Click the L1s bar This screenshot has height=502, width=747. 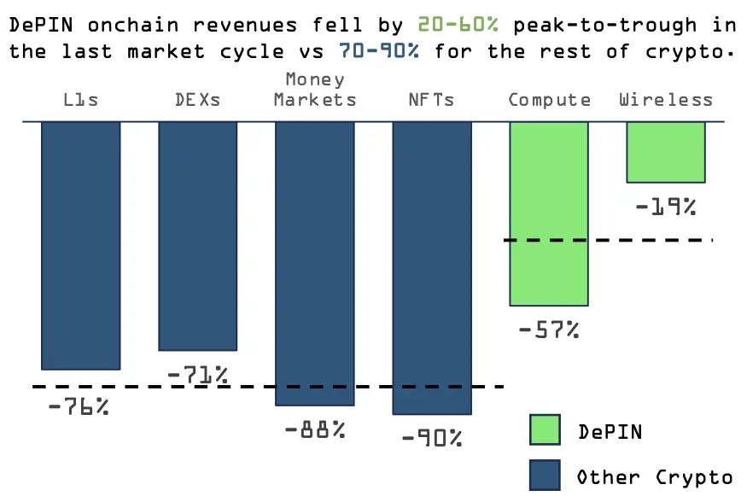(81, 245)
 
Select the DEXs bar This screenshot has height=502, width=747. (197, 236)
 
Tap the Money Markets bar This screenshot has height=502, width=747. (314, 263)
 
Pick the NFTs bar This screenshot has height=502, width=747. (431, 267)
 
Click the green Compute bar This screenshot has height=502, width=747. (549, 213)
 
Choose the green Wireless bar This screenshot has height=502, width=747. (666, 152)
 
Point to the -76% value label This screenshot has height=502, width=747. (79, 406)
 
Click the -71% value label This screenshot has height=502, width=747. (197, 375)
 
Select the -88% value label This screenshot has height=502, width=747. (315, 429)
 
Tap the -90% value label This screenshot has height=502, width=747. (431, 439)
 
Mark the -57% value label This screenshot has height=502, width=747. (549, 330)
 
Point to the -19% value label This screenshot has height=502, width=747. (666, 206)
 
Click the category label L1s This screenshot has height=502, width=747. (81, 100)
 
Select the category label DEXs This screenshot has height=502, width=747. (197, 100)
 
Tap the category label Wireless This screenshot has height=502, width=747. (666, 100)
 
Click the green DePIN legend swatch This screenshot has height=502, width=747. (545, 431)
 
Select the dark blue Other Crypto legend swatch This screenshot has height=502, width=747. (545, 476)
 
